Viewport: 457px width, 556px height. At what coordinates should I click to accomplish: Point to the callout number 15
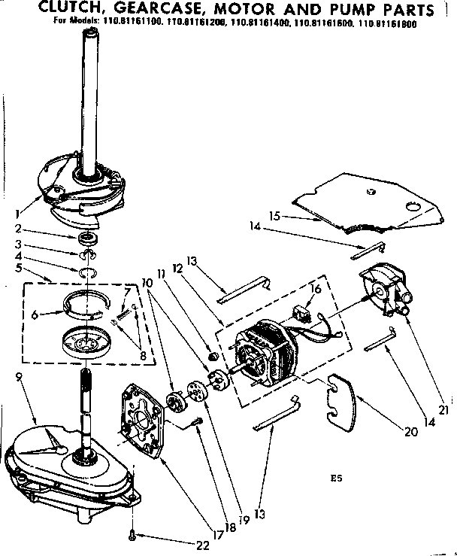(275, 216)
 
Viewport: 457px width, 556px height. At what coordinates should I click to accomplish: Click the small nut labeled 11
(213, 356)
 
